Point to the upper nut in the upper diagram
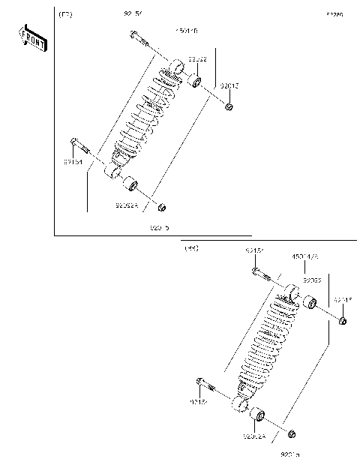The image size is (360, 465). pos(229,106)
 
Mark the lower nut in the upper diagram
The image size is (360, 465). pos(161,206)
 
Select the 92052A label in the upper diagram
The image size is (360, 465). pos(127,205)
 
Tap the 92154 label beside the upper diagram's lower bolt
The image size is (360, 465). pos(73,160)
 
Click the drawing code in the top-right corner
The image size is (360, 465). pos(334,14)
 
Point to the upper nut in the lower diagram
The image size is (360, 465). pos(343,321)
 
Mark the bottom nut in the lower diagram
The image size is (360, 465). pos(292,433)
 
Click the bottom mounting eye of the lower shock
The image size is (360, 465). pos(241,406)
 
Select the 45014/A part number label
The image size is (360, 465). pos(305,256)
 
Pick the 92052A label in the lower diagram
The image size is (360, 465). pos(254,435)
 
